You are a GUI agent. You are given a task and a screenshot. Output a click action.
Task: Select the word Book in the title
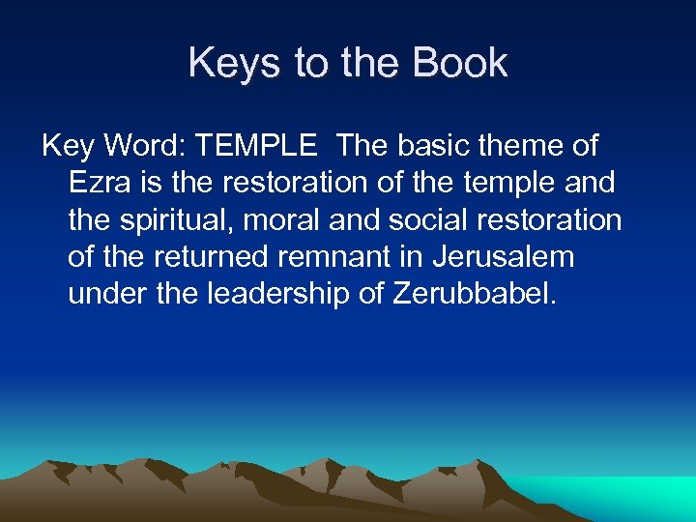[x=459, y=64]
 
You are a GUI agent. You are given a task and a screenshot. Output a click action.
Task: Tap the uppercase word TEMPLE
[x=255, y=147]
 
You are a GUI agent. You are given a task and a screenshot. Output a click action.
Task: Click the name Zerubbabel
[x=475, y=294]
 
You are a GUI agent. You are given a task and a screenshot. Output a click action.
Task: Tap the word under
[x=107, y=294]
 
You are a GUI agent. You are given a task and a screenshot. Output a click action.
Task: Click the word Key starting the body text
[x=65, y=147]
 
